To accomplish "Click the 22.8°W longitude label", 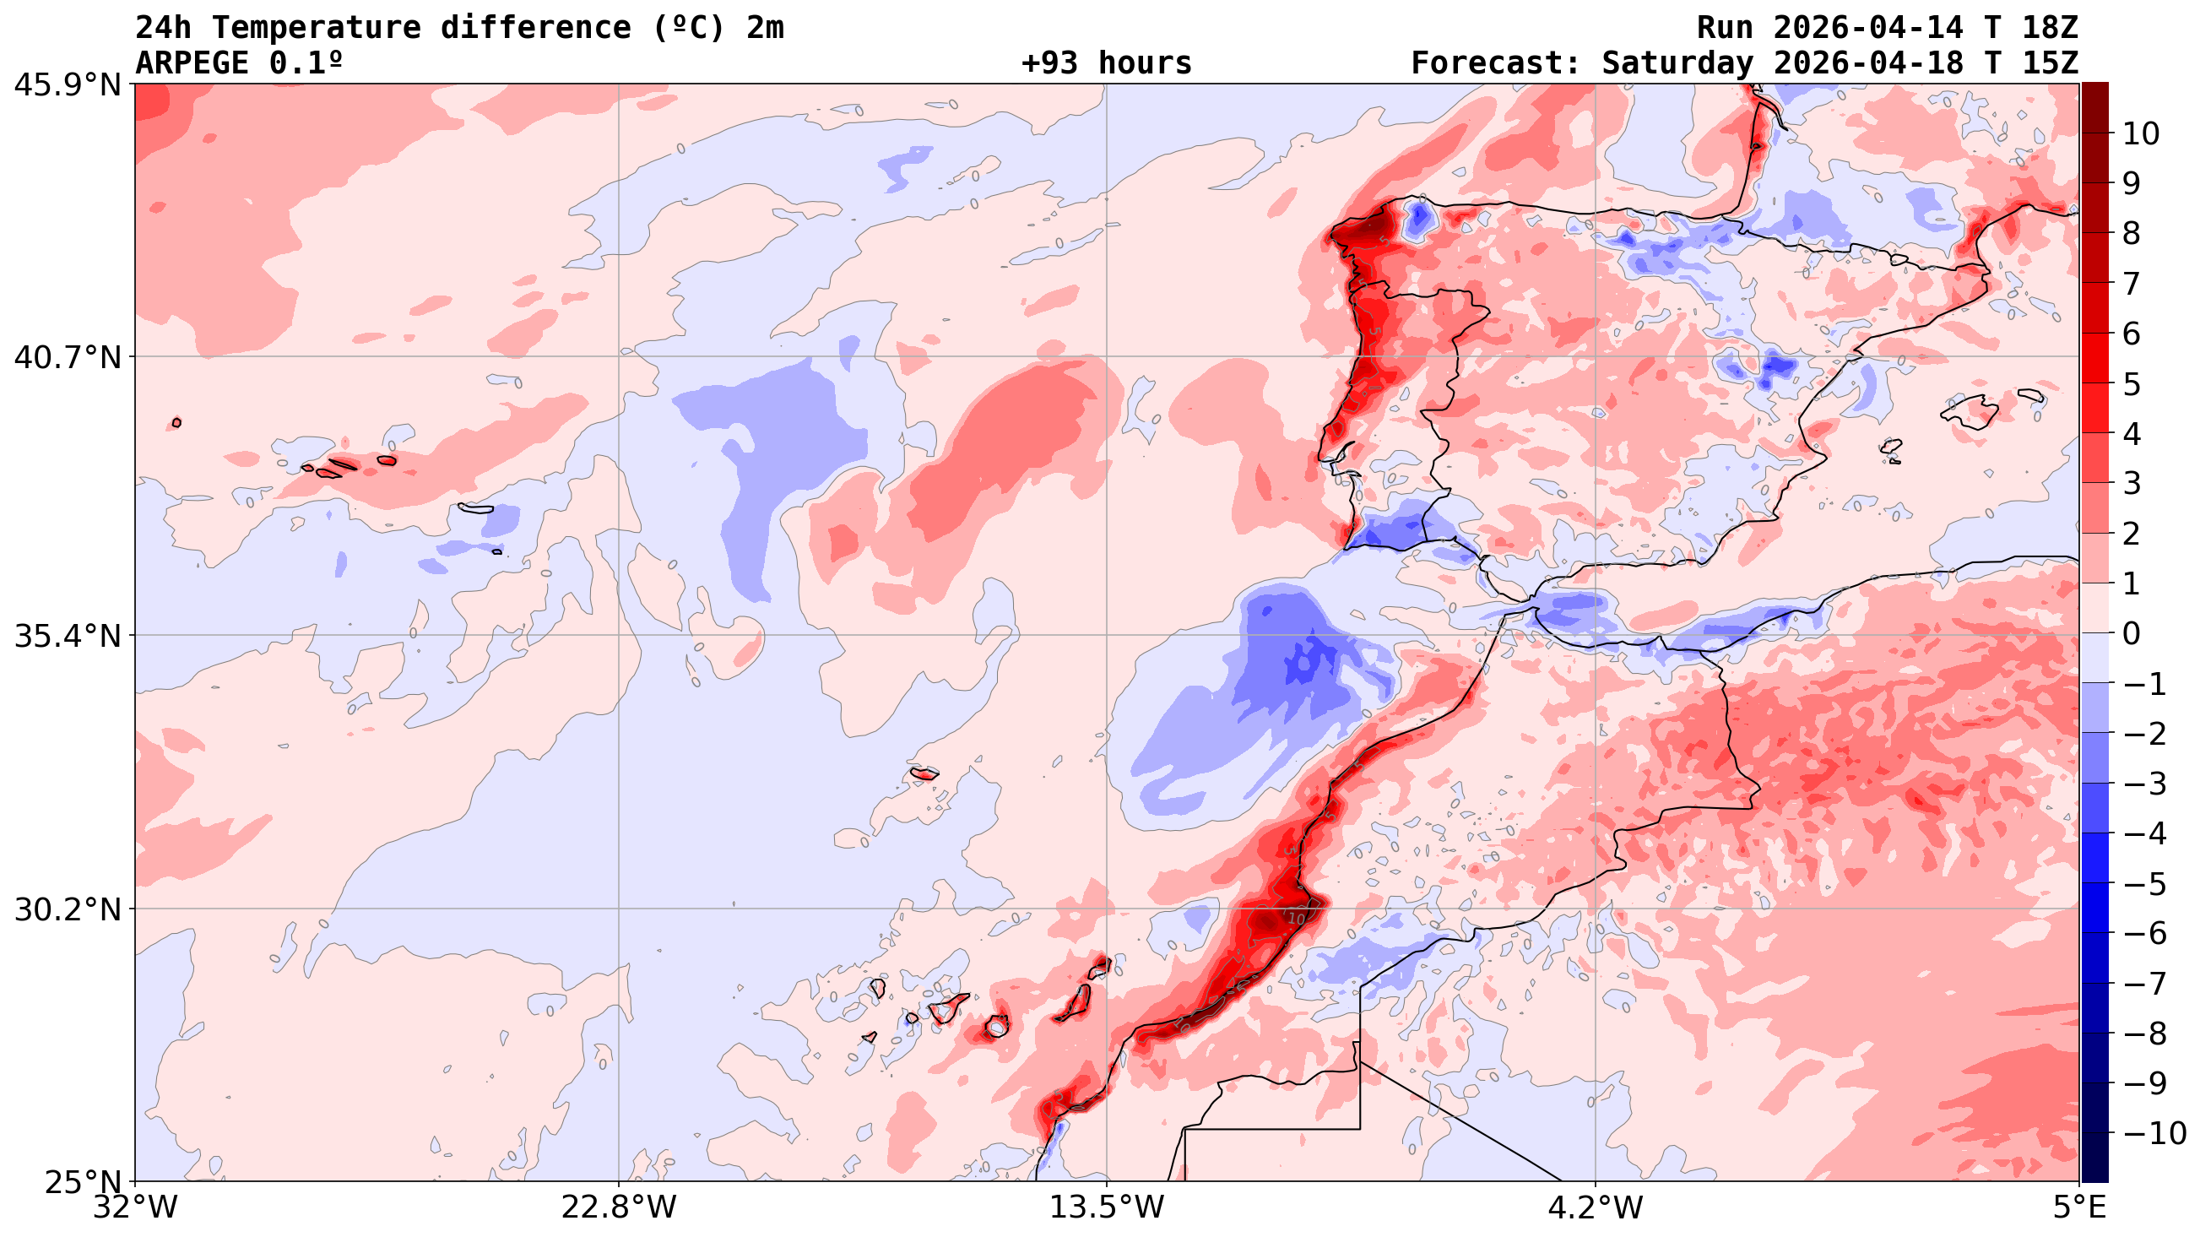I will point(619,1208).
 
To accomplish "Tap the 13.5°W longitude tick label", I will point(1107,1208).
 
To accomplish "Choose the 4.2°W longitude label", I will point(1596,1208).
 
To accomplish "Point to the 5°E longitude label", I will point(2078,1208).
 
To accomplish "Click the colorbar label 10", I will point(2140,134).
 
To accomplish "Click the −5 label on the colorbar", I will point(2144,884).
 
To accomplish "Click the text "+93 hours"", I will point(1106,63).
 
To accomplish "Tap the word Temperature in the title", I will point(316,28).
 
